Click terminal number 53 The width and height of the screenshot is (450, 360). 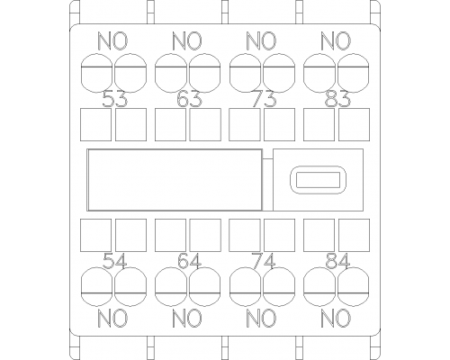pos(115,99)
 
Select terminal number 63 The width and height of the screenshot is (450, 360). pos(189,99)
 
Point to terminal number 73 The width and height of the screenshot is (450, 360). pos(264,99)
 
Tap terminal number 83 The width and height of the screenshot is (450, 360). pos(338,99)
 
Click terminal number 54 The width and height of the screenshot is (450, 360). pos(115,261)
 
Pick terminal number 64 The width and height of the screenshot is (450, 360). pos(189,261)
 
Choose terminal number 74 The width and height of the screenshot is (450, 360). pos(264,261)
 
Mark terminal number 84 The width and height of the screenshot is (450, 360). pos(338,261)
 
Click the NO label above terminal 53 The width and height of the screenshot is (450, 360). pos(113,41)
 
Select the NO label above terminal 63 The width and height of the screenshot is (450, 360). pos(187,41)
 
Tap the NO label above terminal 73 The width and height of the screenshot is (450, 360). pos(262,41)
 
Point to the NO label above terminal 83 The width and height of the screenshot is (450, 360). pos(336,41)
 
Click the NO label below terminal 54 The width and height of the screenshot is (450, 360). pos(113,319)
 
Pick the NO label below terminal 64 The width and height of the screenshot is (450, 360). pos(187,319)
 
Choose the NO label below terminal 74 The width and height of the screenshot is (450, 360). pos(262,319)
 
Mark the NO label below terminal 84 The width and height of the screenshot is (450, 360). pos(336,319)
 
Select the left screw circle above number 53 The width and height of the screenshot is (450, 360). pos(96,54)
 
